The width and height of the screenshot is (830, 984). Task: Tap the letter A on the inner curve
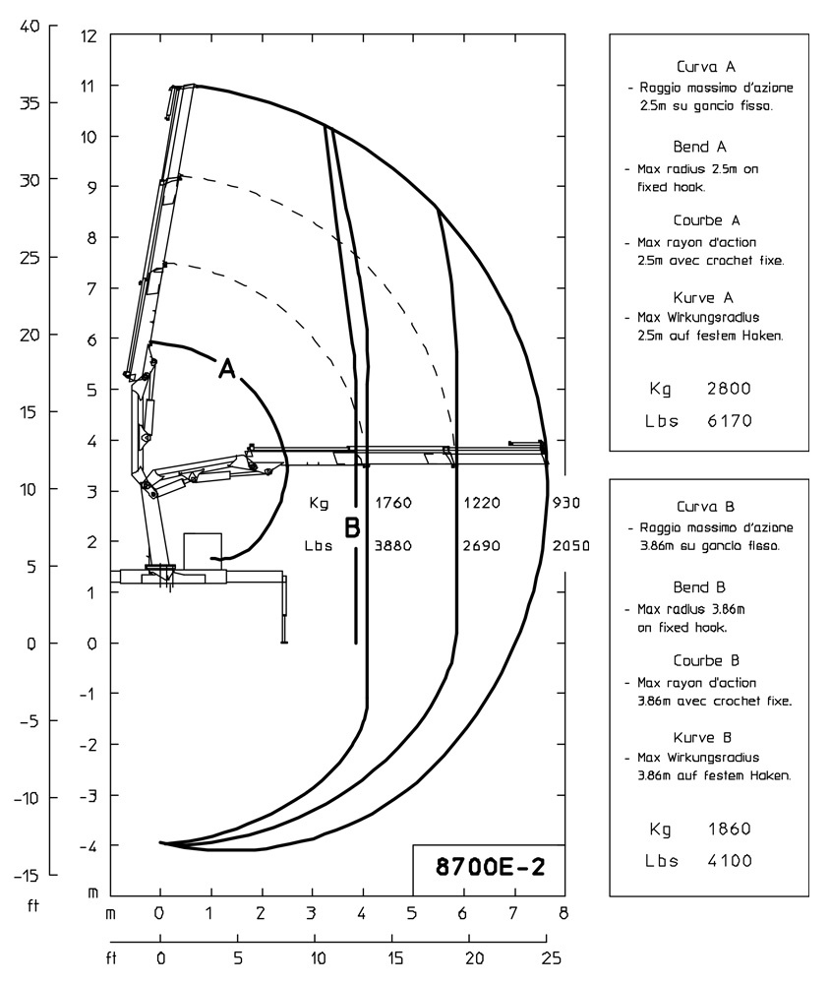226,369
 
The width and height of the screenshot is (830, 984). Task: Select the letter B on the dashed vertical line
352,528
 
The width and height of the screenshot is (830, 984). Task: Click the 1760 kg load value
391,503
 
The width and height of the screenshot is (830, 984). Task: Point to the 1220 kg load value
482,503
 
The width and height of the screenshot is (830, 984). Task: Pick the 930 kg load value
566,503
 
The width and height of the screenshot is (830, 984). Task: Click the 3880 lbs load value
391,545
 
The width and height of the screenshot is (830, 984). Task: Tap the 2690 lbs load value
482,545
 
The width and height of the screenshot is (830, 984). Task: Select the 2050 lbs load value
570,545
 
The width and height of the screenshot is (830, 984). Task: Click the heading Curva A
706,68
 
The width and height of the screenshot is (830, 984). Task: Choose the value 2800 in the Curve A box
728,388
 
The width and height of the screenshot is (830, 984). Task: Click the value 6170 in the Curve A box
728,421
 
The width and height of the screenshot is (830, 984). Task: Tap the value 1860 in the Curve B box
728,828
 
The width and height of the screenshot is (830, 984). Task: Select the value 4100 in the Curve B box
728,860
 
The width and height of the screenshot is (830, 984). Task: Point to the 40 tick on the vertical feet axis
30,27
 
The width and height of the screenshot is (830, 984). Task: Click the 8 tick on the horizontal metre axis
563,913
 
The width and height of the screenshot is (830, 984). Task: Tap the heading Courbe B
706,660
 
